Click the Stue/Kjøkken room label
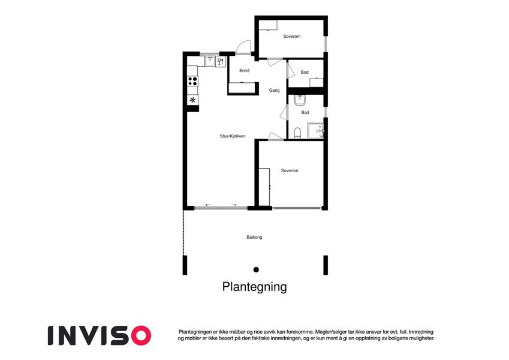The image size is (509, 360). tap(233, 136)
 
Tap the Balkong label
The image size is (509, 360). tap(254, 237)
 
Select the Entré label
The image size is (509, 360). tap(245, 71)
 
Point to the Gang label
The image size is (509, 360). tap(275, 91)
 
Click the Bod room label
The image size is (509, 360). tap(305, 72)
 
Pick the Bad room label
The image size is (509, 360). tap(305, 112)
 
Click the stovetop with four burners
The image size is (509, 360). tap(192, 81)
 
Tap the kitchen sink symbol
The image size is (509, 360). tap(210, 61)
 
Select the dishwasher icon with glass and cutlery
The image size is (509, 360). tap(221, 61)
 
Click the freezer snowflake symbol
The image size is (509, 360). tap(192, 100)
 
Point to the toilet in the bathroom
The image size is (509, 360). tap(297, 133)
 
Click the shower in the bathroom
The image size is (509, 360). tap(315, 131)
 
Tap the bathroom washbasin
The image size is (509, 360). tap(300, 100)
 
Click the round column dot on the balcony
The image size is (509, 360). tap(256, 269)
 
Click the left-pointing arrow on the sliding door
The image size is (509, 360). tap(208, 205)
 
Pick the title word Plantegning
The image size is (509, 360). tap(254, 287)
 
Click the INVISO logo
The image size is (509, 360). tap(100, 335)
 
